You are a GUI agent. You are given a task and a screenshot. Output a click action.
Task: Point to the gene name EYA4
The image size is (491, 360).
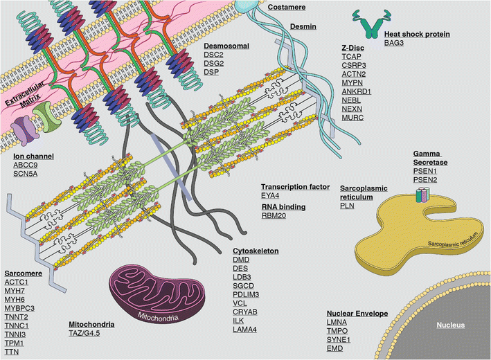coord(271,197)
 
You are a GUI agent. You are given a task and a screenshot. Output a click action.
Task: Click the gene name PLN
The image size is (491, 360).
coord(347,206)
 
